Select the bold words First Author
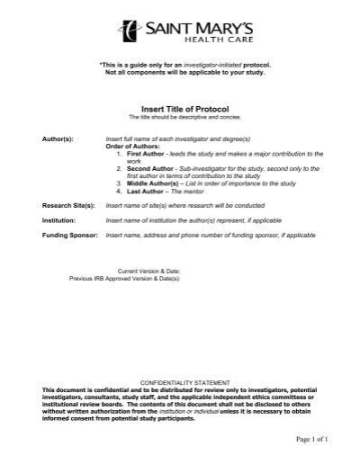pyautogui.click(x=143, y=156)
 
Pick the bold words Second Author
pyautogui.click(x=148, y=169)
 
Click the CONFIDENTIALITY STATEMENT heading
pyautogui.click(x=183, y=381)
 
